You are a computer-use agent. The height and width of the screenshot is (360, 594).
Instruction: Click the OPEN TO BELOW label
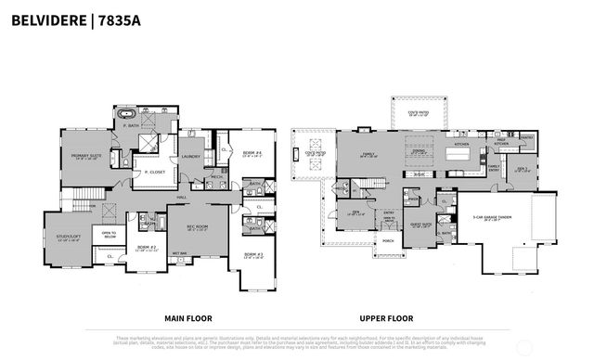tap(109, 235)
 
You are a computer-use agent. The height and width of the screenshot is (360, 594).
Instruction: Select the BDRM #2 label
tap(144, 248)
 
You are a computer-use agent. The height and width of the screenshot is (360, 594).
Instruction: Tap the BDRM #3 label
tap(254, 253)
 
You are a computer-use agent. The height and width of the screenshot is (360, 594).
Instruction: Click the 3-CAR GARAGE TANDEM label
tap(495, 219)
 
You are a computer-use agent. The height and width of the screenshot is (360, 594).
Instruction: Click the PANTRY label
tap(526, 138)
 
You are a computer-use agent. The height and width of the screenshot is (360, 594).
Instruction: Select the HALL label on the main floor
tap(184, 197)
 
